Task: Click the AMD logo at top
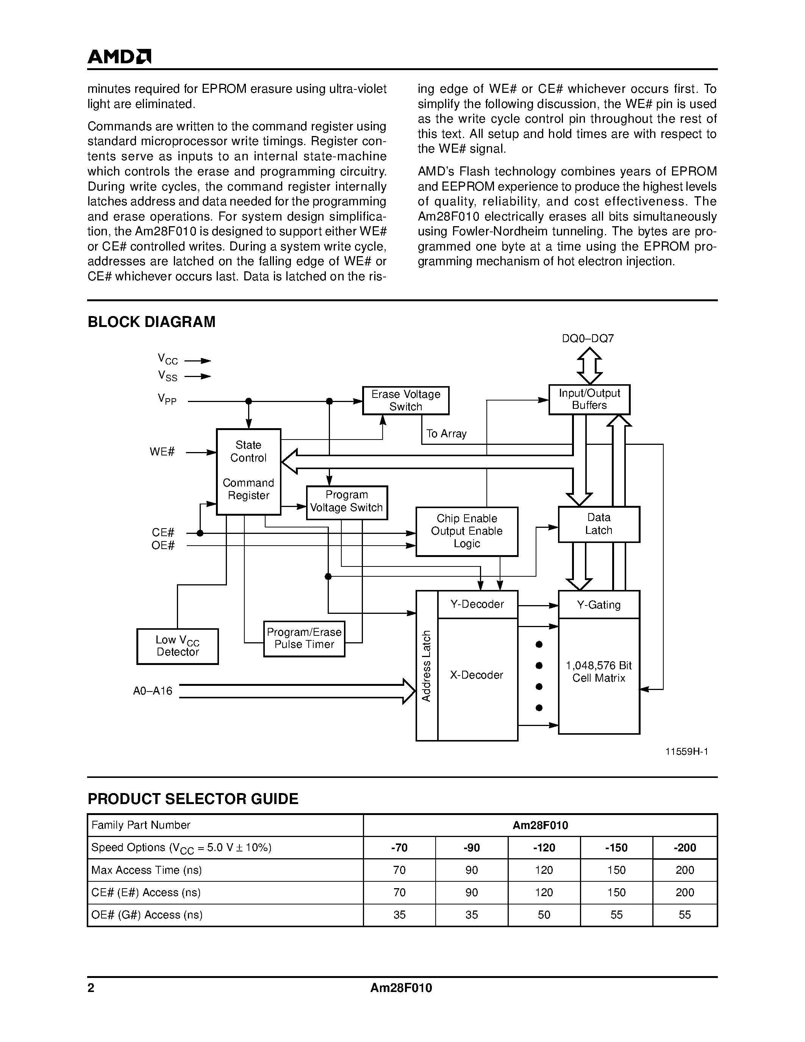tap(119, 57)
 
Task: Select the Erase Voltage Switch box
tap(405, 400)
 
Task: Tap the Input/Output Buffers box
tap(589, 399)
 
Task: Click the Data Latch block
tap(599, 524)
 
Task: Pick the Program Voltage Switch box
tap(347, 502)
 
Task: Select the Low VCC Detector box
tap(177, 646)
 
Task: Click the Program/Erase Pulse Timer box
tap(304, 638)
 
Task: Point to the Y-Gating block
tap(599, 604)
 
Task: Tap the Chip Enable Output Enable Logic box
tap(466, 531)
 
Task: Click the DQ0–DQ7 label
tap(588, 338)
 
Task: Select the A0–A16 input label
tap(153, 691)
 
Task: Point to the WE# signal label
tap(162, 451)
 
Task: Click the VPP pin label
tap(167, 399)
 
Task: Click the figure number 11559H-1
tap(687, 751)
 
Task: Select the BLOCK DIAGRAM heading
tap(151, 322)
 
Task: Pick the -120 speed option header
tap(544, 847)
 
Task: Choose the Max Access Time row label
tap(146, 870)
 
